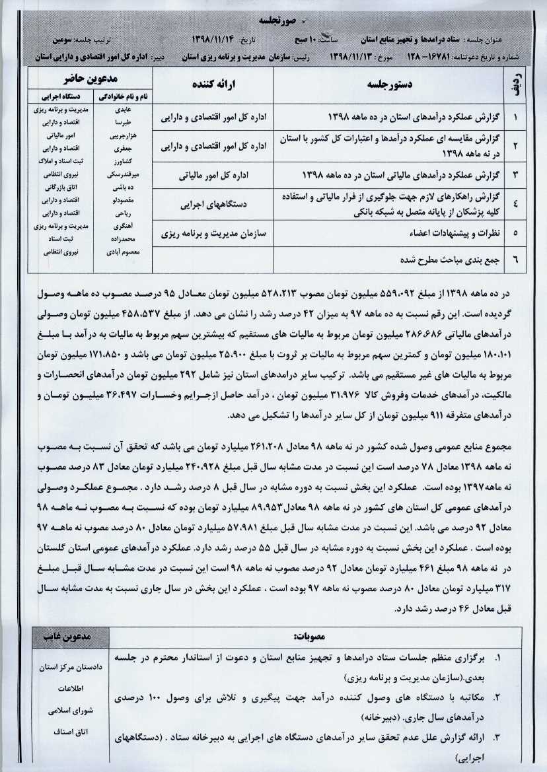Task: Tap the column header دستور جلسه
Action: click(x=390, y=85)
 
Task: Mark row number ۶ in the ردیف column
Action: click(x=515, y=260)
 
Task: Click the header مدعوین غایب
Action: click(x=71, y=637)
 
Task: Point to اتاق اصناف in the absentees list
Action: click(x=71, y=732)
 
